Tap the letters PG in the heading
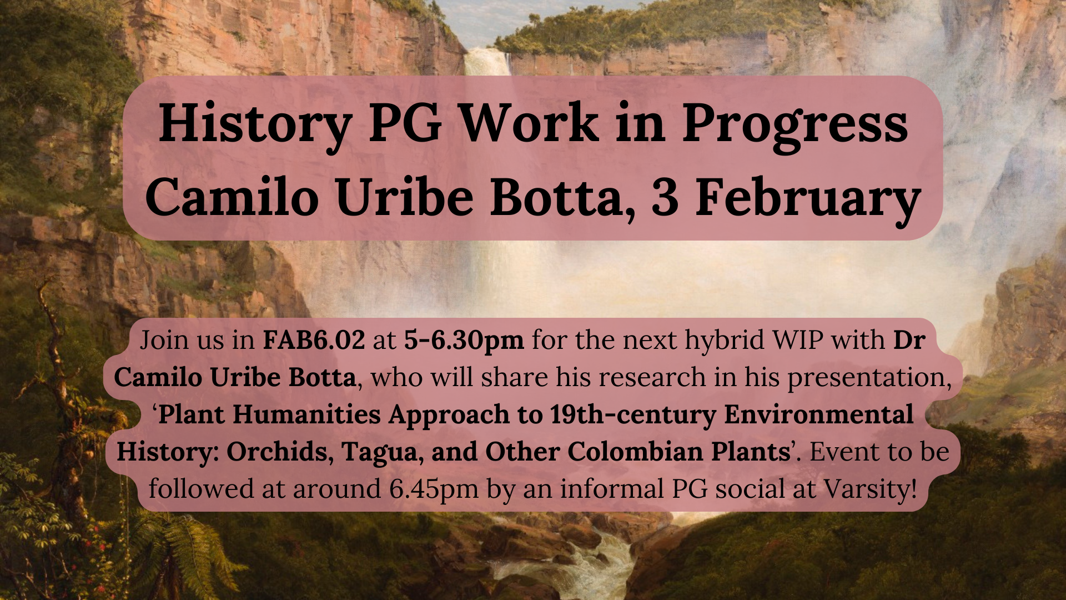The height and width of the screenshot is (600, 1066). click(406, 123)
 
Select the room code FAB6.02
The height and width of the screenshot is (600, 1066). click(314, 339)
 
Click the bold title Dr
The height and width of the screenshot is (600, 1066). click(909, 339)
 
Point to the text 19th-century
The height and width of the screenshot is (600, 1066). click(633, 415)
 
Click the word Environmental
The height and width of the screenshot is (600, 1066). click(819, 414)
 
